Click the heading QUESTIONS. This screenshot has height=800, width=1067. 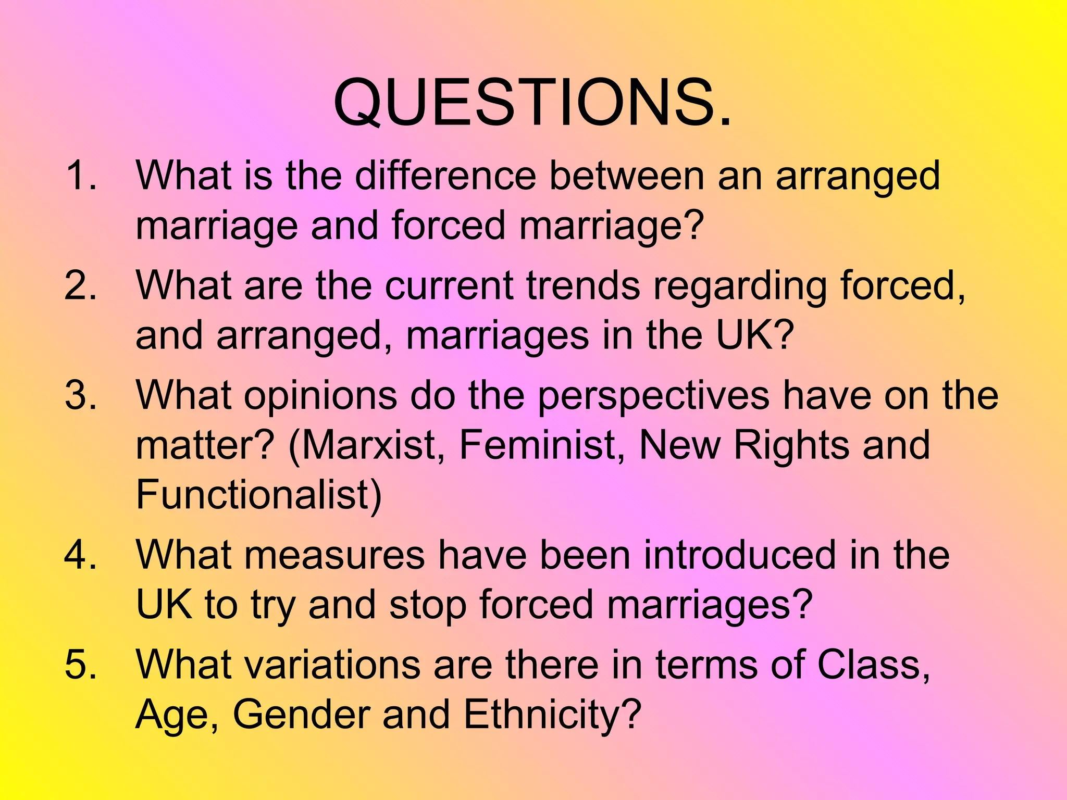[x=532, y=103]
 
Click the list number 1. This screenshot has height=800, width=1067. [x=80, y=176]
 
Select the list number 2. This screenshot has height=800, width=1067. [x=80, y=286]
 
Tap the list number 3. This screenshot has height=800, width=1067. [x=80, y=395]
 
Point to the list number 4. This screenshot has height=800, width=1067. [x=80, y=555]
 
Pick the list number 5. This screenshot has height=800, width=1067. [x=80, y=665]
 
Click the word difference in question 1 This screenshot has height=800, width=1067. [x=445, y=176]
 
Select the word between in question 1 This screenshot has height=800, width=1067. [x=627, y=176]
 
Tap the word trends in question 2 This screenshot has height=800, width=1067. [x=583, y=286]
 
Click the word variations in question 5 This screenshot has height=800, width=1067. [x=277, y=665]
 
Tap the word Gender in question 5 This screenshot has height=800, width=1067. [x=301, y=714]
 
